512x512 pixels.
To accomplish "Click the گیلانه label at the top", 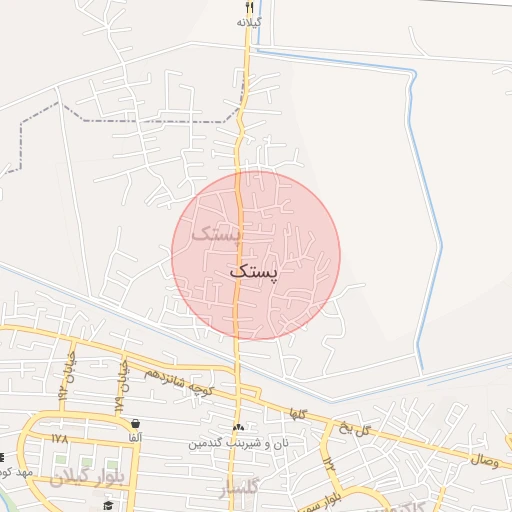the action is click(x=249, y=21).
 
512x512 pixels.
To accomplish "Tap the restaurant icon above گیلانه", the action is click(x=249, y=7).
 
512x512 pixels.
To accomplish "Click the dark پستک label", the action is click(x=256, y=270).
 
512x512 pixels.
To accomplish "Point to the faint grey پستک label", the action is click(x=217, y=234).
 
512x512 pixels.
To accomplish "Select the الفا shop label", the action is click(x=135, y=437).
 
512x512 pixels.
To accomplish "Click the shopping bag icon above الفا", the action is click(x=135, y=423).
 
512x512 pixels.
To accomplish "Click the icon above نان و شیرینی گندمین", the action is click(x=238, y=427).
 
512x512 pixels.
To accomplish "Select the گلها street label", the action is click(x=297, y=413).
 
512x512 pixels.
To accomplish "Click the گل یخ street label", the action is click(x=354, y=429).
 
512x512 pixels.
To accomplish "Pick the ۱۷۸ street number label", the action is click(x=59, y=438).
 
